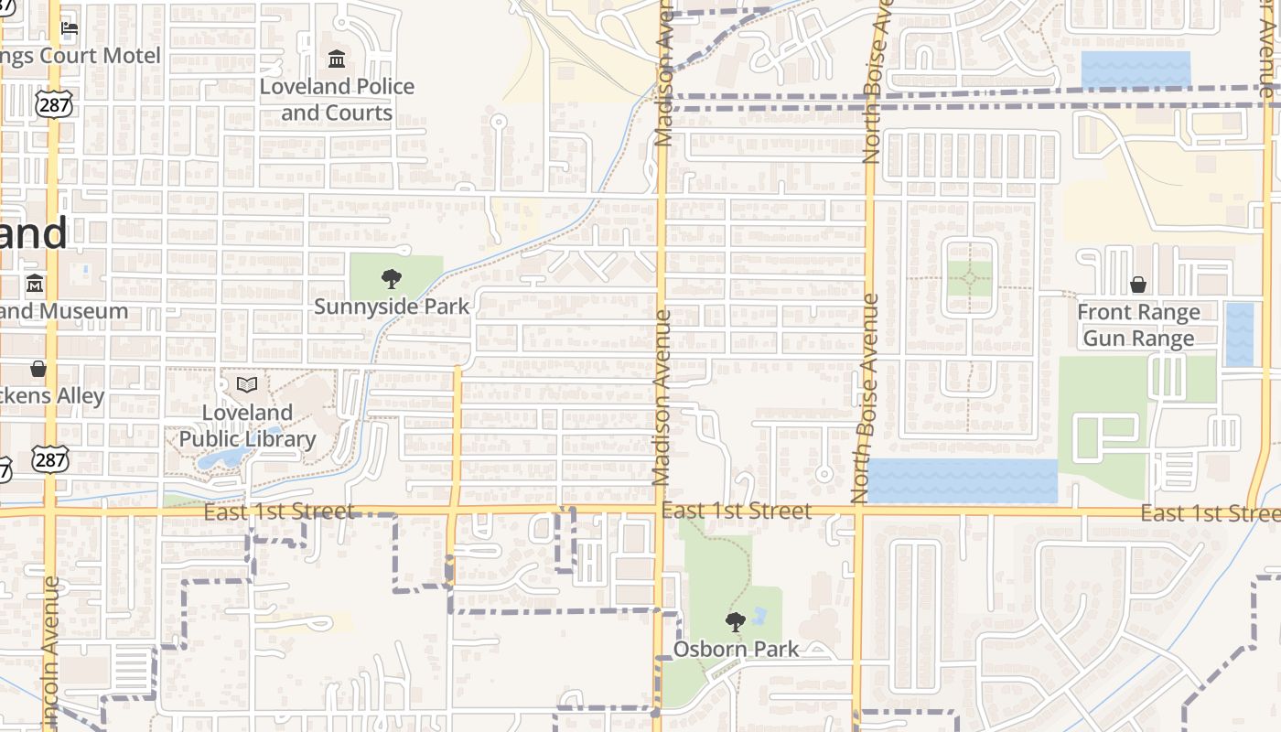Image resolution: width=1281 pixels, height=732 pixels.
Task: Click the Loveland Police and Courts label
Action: click(x=337, y=100)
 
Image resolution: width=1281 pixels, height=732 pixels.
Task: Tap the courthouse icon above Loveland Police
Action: click(x=337, y=60)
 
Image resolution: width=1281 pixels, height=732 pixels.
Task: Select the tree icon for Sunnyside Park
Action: click(x=392, y=279)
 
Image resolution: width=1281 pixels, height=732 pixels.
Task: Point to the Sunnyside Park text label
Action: click(x=392, y=307)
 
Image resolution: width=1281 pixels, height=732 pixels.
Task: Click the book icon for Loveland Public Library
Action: click(x=247, y=385)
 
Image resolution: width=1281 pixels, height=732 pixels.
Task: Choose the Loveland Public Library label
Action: click(x=247, y=425)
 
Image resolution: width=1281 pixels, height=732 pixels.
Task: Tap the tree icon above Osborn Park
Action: click(x=735, y=623)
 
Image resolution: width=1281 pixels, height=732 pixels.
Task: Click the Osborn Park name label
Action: click(x=736, y=650)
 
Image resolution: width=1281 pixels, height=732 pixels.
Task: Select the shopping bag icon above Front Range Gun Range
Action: click(x=1138, y=285)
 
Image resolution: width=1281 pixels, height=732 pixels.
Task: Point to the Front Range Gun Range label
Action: click(x=1138, y=326)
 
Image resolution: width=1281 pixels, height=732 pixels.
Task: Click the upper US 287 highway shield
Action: click(x=54, y=104)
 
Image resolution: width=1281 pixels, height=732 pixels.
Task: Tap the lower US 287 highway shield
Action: click(x=51, y=458)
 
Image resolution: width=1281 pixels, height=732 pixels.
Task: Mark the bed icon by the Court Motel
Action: click(x=70, y=28)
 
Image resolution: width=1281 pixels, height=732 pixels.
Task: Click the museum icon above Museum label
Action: click(x=35, y=284)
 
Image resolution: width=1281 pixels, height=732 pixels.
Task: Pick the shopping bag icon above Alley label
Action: click(x=38, y=369)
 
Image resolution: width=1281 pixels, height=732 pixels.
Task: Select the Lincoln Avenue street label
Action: click(x=50, y=654)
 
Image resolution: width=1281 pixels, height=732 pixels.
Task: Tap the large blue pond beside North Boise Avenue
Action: click(x=961, y=481)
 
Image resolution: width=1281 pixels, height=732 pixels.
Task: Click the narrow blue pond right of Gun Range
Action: click(x=1239, y=334)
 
